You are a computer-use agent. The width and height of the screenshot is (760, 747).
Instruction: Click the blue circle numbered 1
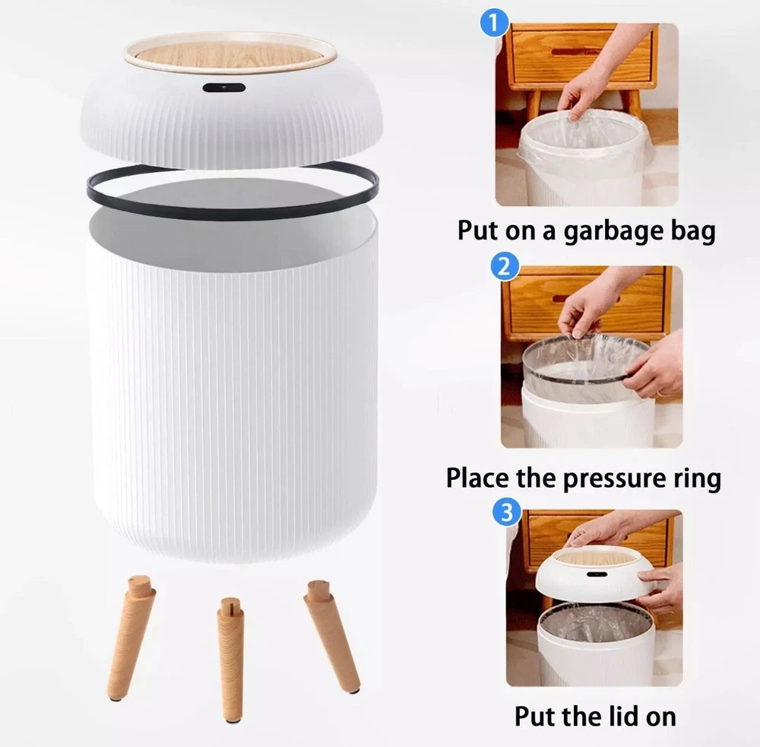pyautogui.click(x=494, y=24)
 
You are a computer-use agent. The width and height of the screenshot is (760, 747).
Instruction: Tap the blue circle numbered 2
pyautogui.click(x=505, y=266)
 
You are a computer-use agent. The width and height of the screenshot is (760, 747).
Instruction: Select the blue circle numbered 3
pyautogui.click(x=506, y=512)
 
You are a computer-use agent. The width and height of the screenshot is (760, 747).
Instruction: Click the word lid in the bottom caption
pyautogui.click(x=625, y=717)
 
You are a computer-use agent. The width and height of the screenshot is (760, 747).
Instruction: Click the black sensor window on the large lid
pyautogui.click(x=224, y=87)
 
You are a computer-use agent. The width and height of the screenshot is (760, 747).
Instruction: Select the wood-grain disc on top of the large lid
pyautogui.click(x=230, y=53)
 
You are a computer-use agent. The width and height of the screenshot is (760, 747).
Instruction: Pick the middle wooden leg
pyautogui.click(x=231, y=660)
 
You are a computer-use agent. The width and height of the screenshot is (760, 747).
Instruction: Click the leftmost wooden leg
pyautogui.click(x=131, y=638)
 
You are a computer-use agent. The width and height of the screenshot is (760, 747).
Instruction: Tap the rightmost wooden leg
pyautogui.click(x=332, y=635)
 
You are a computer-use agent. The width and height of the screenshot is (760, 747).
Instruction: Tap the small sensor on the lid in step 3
pyautogui.click(x=597, y=574)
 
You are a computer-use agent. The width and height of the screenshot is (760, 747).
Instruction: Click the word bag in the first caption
pyautogui.click(x=692, y=231)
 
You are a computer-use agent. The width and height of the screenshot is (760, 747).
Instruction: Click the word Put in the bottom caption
pyautogui.click(x=534, y=717)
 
